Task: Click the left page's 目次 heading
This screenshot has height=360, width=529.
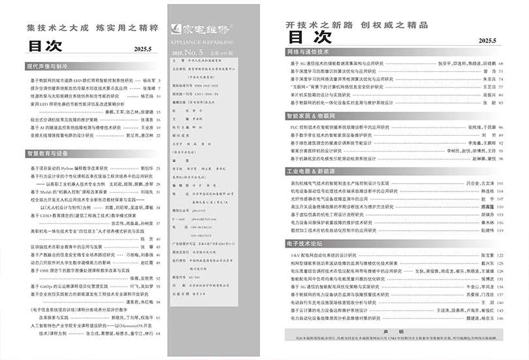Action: pos(44,46)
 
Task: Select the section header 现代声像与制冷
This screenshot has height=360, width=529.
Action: pos(48,67)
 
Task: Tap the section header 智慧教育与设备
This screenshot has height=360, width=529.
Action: pos(48,153)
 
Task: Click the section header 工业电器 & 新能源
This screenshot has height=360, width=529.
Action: pos(315,171)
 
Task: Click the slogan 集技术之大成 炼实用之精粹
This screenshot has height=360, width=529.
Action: pos(91,29)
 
